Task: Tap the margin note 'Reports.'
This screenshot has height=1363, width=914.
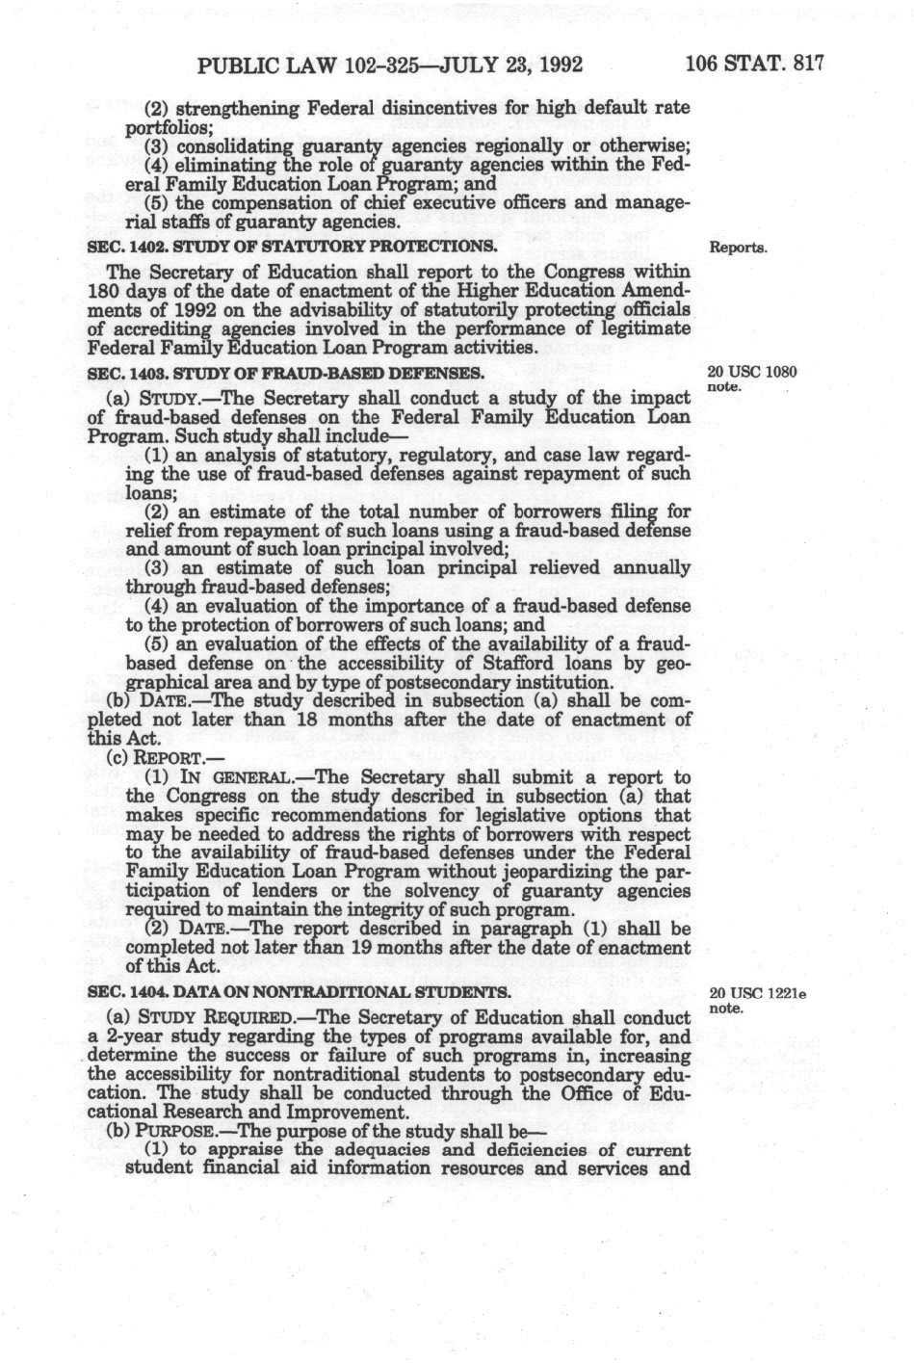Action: (x=738, y=248)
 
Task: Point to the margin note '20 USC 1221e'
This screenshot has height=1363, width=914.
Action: (x=757, y=993)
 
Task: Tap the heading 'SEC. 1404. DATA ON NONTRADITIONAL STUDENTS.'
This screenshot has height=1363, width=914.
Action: (x=299, y=992)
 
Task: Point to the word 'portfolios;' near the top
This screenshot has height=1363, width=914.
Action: (x=163, y=127)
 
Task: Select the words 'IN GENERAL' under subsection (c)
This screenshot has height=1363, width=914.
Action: (x=229, y=777)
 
